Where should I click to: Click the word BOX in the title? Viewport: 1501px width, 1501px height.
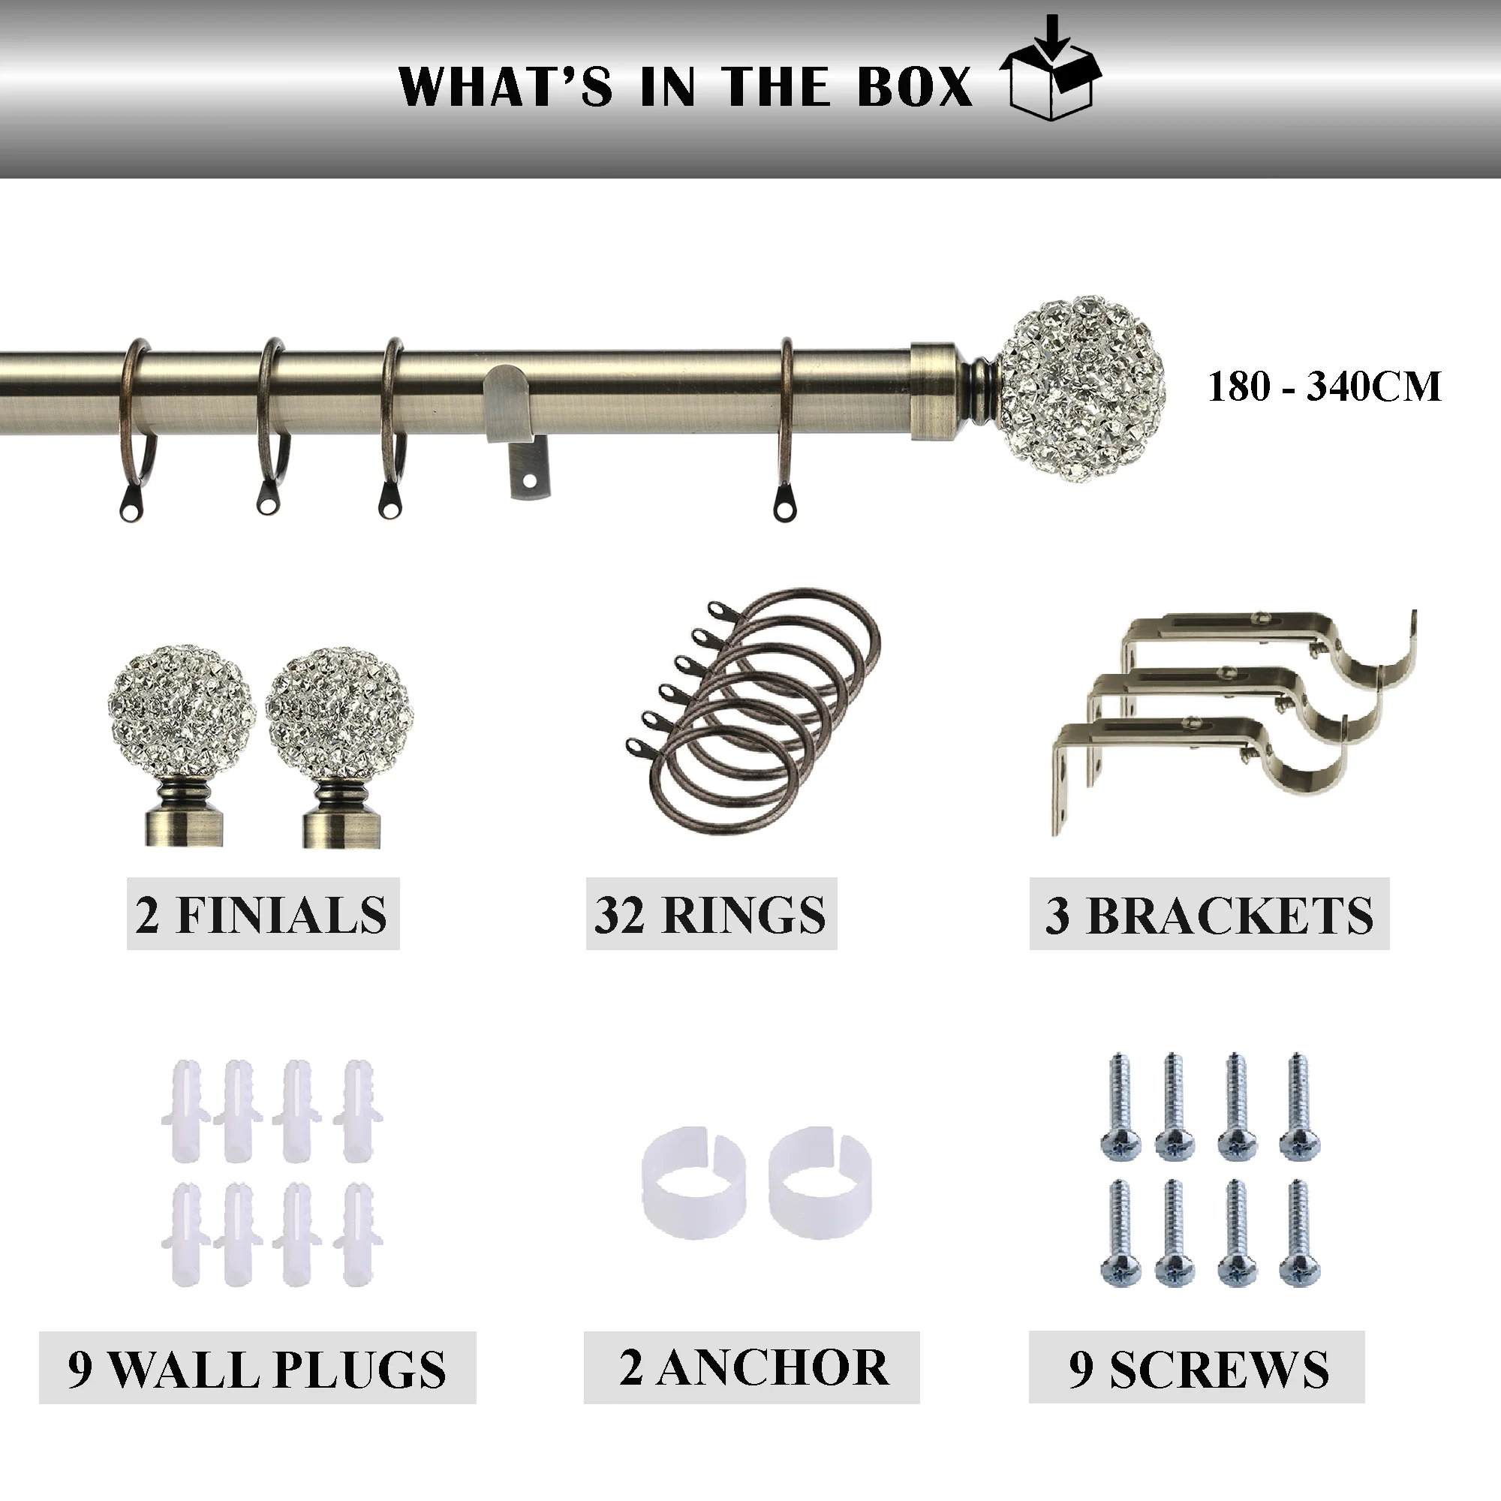click(915, 86)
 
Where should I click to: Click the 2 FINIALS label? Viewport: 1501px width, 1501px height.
click(263, 914)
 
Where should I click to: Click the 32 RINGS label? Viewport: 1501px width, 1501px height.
click(711, 914)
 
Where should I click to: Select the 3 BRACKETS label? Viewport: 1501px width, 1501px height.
click(1209, 914)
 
